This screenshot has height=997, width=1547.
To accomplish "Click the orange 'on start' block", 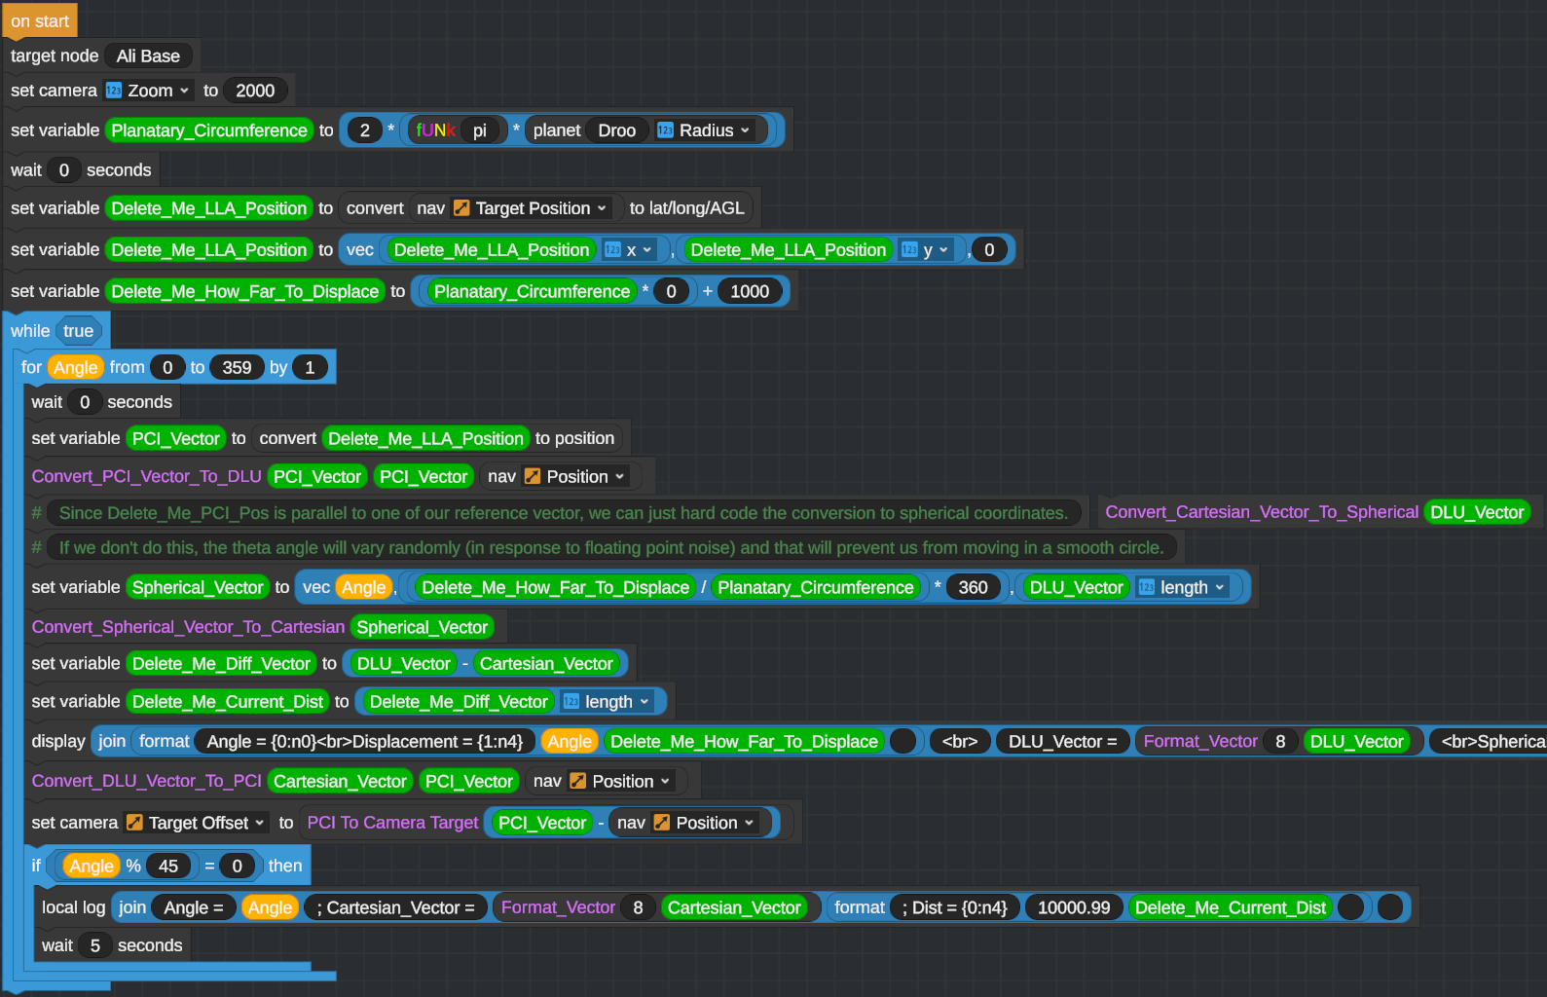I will pyautogui.click(x=40, y=20).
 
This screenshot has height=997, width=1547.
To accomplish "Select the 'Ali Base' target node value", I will pyautogui.click(x=148, y=56).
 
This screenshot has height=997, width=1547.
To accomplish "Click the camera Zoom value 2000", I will pyautogui.click(x=255, y=91).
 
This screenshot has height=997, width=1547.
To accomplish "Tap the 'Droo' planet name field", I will pyautogui.click(x=616, y=130).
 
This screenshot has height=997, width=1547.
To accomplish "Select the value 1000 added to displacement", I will pyautogui.click(x=750, y=291).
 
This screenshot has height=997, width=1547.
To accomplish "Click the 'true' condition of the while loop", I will pyautogui.click(x=78, y=331).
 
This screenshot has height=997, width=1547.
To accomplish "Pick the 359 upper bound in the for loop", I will pyautogui.click(x=237, y=367).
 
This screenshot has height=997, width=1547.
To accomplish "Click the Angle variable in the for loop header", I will pyautogui.click(x=75, y=367).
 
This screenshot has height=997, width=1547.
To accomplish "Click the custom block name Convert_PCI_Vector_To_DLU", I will pyautogui.click(x=146, y=476).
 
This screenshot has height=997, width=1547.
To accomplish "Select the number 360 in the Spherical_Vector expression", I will pyautogui.click(x=973, y=587).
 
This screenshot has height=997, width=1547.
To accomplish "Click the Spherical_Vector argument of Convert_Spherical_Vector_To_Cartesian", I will pyautogui.click(x=423, y=627).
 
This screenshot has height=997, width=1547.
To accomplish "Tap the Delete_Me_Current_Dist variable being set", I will pyautogui.click(x=228, y=701).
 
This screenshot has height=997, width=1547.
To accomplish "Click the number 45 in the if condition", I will pyautogui.click(x=168, y=866).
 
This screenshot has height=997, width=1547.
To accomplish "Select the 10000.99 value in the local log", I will pyautogui.click(x=1074, y=907).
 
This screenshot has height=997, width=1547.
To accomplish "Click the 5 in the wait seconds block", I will pyautogui.click(x=95, y=945).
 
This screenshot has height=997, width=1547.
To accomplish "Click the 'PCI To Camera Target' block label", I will pyautogui.click(x=392, y=823).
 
